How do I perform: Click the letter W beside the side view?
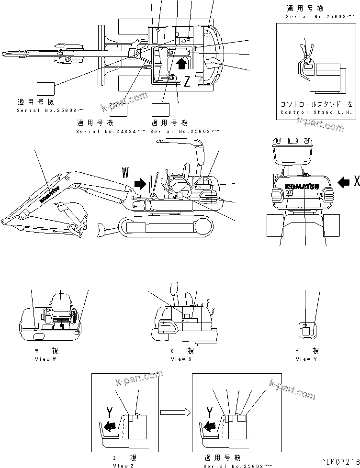pos(126,172)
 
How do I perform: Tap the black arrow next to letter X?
pos(343,182)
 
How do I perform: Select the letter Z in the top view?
pos(187,82)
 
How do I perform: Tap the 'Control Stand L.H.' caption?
pos(316,113)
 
